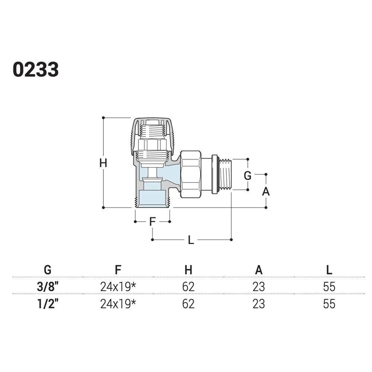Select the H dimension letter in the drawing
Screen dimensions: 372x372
(103, 163)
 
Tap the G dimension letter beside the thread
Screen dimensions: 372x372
(247, 176)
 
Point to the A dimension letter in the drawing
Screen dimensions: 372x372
(266, 191)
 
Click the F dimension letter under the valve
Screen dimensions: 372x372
(152, 222)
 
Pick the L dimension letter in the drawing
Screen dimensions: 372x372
(191, 240)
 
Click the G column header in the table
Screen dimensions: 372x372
(48, 270)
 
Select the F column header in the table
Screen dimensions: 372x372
(118, 270)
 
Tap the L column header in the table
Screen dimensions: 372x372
(329, 270)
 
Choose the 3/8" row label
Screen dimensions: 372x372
(48, 286)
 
